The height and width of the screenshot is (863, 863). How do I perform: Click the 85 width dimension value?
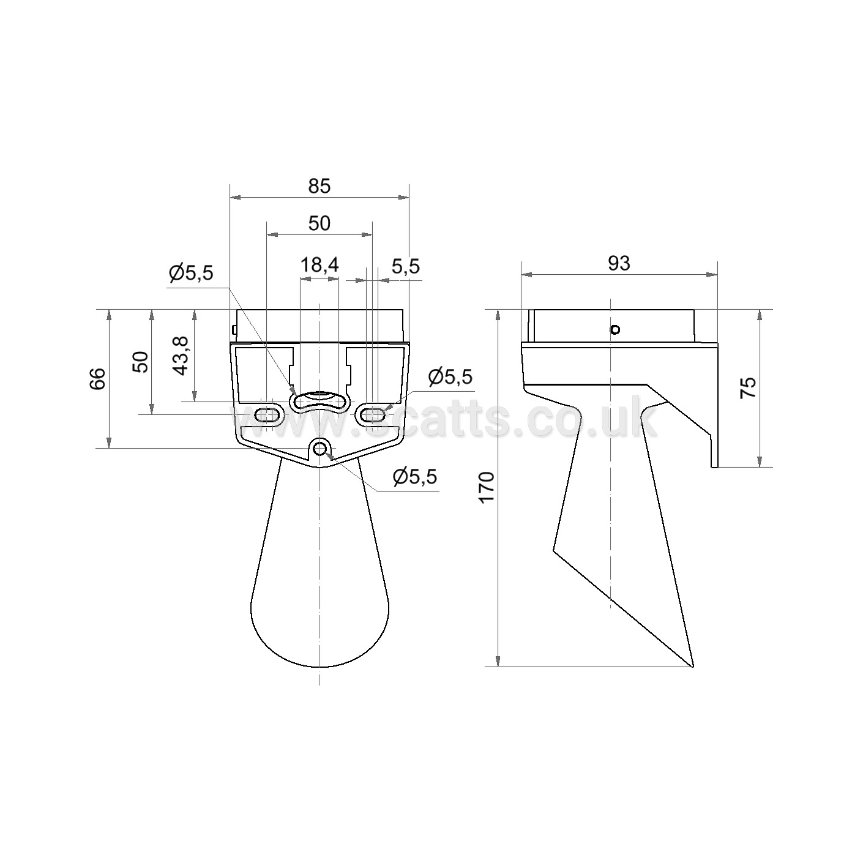319,186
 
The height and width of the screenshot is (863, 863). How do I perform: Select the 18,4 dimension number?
319,265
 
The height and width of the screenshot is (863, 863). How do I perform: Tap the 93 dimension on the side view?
619,263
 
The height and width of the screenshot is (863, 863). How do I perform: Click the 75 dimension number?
749,387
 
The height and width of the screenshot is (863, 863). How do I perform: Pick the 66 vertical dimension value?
98,378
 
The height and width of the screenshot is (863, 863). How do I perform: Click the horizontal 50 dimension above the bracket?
319,223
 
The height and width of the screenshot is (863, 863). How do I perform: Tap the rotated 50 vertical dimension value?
140,362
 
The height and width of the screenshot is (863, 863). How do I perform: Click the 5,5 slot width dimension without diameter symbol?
406,266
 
